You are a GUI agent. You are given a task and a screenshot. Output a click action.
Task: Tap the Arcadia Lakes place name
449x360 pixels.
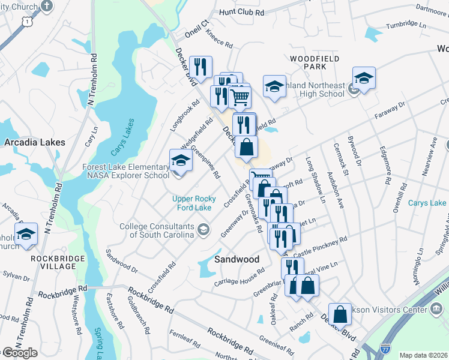pos(34,143)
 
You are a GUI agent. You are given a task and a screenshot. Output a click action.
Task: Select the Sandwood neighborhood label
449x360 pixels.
pos(237,259)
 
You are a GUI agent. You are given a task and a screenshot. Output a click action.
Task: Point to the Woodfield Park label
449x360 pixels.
pos(315,63)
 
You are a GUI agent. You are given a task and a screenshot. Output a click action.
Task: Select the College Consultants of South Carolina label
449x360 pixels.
pos(157,230)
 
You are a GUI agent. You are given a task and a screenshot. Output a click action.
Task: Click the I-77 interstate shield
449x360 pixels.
pos(385,347)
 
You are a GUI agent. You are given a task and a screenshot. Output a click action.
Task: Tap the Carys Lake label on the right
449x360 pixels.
pos(427,203)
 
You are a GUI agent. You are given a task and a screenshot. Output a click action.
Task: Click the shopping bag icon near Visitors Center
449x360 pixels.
pos(340,314)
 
